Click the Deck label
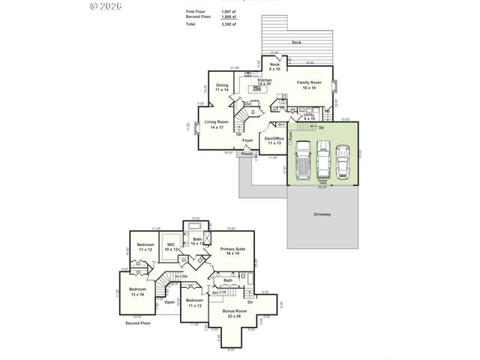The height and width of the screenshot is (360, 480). pos(296,43)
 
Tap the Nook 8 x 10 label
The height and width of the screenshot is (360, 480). pos(274,67)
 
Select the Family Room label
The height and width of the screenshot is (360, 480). pos(309,85)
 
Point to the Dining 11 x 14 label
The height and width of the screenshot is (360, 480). pos(222,87)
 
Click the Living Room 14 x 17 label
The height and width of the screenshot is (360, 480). pos(217,124)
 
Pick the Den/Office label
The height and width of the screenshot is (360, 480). pos(274,140)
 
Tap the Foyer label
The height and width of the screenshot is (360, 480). pos(247,140)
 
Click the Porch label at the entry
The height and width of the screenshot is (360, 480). pos(247,154)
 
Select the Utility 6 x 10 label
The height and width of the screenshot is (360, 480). pos(309,116)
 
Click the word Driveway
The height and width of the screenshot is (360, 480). pos(323,214)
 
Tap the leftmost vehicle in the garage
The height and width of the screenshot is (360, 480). pos(302,159)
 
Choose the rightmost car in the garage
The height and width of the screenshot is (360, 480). pos(342,159)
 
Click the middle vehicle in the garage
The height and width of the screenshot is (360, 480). pos(323,159)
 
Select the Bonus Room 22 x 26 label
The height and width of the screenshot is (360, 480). pos(234,313)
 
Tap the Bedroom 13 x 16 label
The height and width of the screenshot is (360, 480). pos(137,291)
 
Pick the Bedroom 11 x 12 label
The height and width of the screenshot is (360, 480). pos(145,247)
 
